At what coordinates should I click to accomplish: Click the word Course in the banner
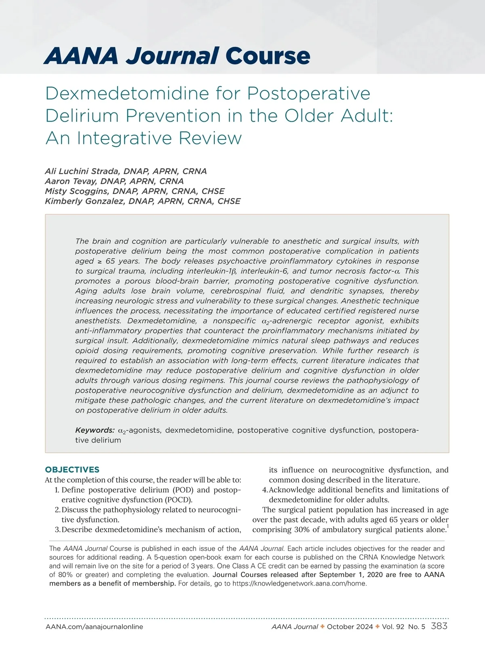(268, 56)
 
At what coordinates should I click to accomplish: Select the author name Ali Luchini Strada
(84, 171)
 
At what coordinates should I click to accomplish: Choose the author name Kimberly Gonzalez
(84, 201)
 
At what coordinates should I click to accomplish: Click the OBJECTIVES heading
(72, 470)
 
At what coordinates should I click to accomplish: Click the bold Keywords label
(95, 430)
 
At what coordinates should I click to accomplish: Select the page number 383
(439, 626)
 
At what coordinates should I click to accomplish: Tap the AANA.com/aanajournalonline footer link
(95, 627)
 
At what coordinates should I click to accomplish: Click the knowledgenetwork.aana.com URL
(299, 584)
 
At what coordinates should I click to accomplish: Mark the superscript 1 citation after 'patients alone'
(447, 527)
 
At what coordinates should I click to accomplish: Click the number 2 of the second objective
(57, 510)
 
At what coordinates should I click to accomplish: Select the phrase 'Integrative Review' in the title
(160, 138)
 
